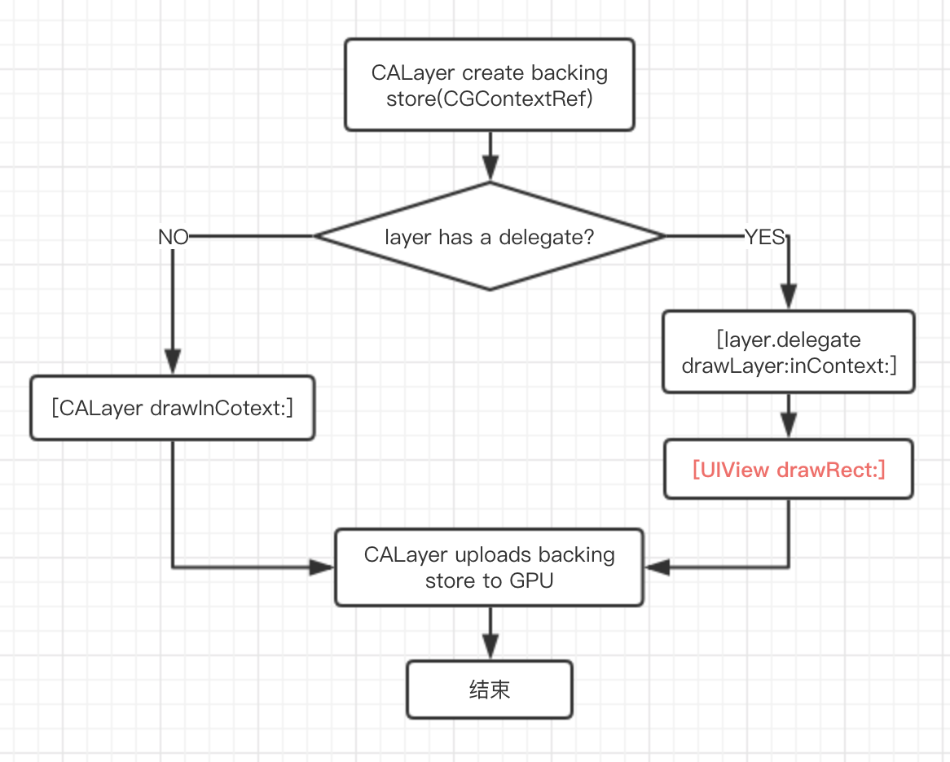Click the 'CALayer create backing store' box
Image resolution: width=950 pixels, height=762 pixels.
[489, 85]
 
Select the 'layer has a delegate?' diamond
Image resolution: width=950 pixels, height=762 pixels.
[489, 236]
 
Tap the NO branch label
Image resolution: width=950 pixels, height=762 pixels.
[173, 237]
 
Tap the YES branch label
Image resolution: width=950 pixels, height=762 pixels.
[764, 237]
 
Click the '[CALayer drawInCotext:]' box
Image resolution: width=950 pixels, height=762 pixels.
[172, 408]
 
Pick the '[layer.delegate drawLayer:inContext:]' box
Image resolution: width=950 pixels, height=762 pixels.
[788, 353]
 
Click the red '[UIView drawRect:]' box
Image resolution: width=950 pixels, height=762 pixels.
[788, 470]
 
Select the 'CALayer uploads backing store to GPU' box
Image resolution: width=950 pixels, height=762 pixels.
[489, 567]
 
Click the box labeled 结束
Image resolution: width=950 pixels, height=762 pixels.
[489, 690]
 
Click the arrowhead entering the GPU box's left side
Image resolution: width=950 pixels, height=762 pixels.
[322, 567]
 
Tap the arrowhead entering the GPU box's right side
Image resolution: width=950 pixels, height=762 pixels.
[657, 567]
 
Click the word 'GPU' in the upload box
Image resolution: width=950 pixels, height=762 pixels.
[530, 581]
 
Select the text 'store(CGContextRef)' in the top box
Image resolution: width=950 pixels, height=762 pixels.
[489, 99]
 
